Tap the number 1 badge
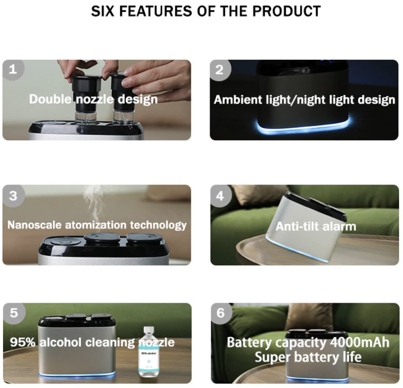(x=13, y=69)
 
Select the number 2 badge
(x=220, y=70)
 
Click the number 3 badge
(x=13, y=196)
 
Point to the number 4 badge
(x=220, y=196)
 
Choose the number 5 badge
(x=14, y=313)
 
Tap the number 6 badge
(x=221, y=313)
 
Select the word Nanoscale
(x=34, y=225)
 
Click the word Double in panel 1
(x=51, y=99)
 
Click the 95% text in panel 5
(x=23, y=342)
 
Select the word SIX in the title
(x=103, y=11)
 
